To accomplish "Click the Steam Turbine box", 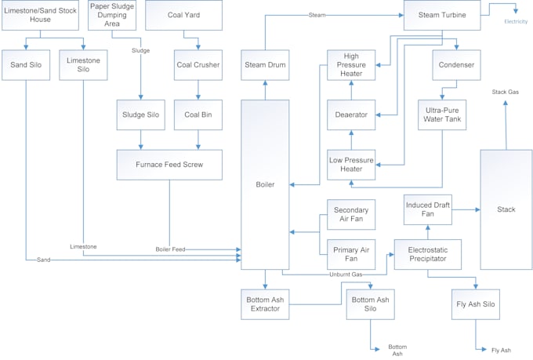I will [x=441, y=15].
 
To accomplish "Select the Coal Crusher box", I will [x=198, y=65].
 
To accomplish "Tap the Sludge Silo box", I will [x=140, y=115].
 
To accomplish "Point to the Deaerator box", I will [x=352, y=115].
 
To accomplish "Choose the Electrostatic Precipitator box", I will [x=428, y=254].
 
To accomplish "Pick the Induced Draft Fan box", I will [x=428, y=209].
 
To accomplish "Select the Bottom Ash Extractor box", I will [x=265, y=304].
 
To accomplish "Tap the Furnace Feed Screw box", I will [x=169, y=165].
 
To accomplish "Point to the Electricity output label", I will [x=516, y=21].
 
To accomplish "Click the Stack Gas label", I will [x=505, y=92].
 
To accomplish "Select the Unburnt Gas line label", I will [x=346, y=275].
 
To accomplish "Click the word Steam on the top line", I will [x=317, y=15].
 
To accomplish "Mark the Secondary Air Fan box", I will [x=351, y=214].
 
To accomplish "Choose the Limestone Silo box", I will [x=83, y=65].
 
